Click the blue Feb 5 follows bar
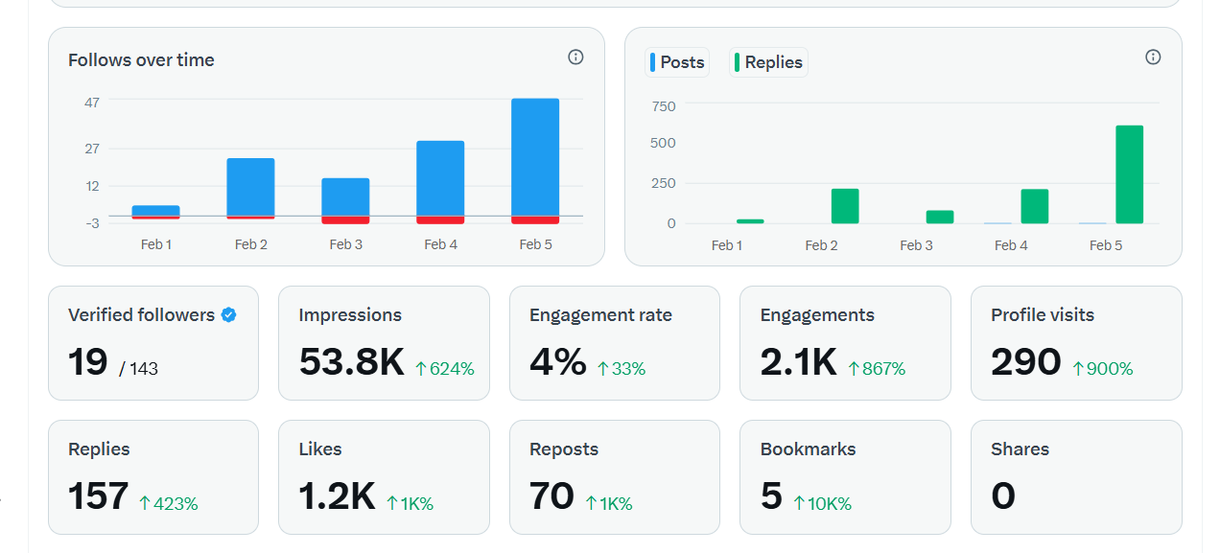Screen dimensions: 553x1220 pyautogui.click(x=535, y=156)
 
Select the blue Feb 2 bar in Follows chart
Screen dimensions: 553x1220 pyautogui.click(x=250, y=187)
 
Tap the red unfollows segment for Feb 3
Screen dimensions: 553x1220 pyautogui.click(x=345, y=220)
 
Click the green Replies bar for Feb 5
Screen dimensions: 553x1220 pyautogui.click(x=1129, y=174)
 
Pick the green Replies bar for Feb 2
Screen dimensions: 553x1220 pyautogui.click(x=845, y=206)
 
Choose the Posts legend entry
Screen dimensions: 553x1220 pyautogui.click(x=677, y=62)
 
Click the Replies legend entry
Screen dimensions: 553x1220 pyautogui.click(x=768, y=62)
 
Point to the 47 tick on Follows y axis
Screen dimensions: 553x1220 pyautogui.click(x=92, y=102)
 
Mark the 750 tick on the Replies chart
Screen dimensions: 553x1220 pyautogui.click(x=664, y=105)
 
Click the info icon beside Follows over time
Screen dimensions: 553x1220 pyautogui.click(x=575, y=58)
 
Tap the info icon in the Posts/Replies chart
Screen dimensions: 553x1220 pyautogui.click(x=1153, y=58)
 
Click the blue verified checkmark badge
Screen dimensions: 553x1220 pyautogui.click(x=228, y=314)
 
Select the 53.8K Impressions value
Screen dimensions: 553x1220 pyautogui.click(x=351, y=363)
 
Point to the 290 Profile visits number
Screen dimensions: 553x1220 pyautogui.click(x=1025, y=363)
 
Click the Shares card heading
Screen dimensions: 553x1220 pyautogui.click(x=1020, y=449)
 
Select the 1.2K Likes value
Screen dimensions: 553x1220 pyautogui.click(x=336, y=497)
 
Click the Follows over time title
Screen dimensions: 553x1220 pyautogui.click(x=141, y=59)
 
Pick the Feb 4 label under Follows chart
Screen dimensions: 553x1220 pyautogui.click(x=440, y=244)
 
